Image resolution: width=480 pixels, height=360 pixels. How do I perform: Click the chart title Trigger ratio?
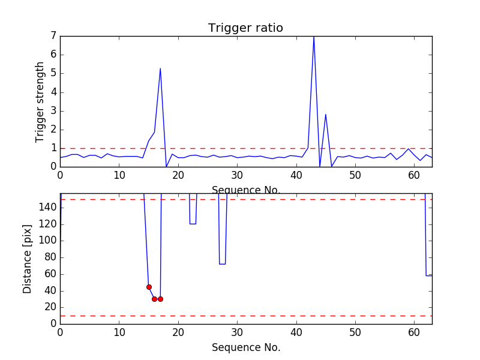[x=245, y=28]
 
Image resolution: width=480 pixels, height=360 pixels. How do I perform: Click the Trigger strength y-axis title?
[x=40, y=101]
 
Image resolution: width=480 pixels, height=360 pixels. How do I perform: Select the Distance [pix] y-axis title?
[x=28, y=259]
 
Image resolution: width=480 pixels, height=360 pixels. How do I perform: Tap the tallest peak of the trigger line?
[x=314, y=37]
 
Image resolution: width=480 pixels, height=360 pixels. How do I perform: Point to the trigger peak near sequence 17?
[x=160, y=68]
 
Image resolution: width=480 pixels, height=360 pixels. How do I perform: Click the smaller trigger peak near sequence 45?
[x=326, y=114]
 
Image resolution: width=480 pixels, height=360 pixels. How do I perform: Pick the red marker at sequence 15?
[x=149, y=287]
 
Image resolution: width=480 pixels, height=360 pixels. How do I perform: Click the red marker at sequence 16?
[x=154, y=299]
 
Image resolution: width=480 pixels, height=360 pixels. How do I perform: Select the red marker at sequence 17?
[x=160, y=299]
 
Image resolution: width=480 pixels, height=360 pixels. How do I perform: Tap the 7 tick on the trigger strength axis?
[x=53, y=36]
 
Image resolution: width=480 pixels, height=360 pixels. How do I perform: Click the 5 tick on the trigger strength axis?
[x=53, y=73]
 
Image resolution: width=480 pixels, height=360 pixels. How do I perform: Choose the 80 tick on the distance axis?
[x=51, y=257]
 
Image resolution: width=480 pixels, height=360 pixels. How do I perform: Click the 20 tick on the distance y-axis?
[x=51, y=307]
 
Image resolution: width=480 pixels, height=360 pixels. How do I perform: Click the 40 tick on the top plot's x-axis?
[x=296, y=175]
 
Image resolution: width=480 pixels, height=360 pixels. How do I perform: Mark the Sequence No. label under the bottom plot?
[x=245, y=347]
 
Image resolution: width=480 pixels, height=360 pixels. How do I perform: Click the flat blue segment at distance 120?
[x=193, y=224]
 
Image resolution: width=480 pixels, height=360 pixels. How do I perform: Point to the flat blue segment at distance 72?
[x=222, y=264]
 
